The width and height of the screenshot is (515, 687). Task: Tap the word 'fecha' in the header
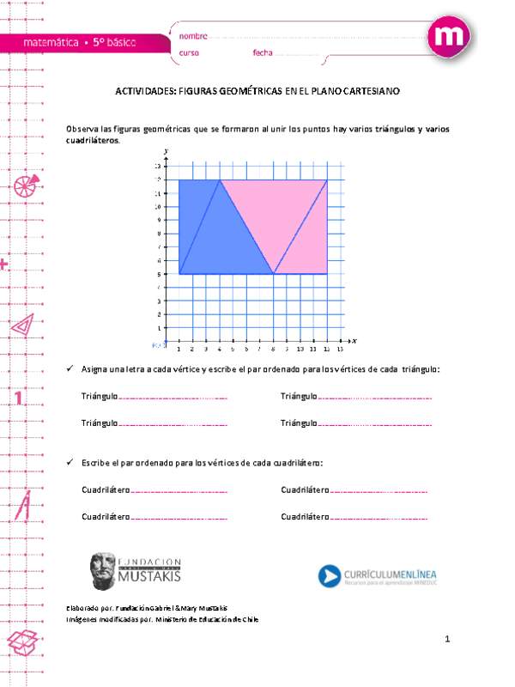pos(263,53)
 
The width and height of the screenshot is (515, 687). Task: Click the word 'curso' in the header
pos(190,53)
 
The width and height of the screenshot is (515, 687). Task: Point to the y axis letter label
pos(165,151)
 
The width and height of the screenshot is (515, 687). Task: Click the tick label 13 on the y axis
pos(157,165)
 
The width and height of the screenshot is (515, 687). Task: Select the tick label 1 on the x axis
pos(179,350)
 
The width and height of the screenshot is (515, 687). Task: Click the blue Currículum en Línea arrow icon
pos(330,575)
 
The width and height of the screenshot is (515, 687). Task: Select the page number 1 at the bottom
pos(447,640)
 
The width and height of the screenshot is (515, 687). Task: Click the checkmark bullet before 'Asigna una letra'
pos(70,368)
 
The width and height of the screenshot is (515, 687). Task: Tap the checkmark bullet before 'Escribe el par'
pos(70,462)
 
